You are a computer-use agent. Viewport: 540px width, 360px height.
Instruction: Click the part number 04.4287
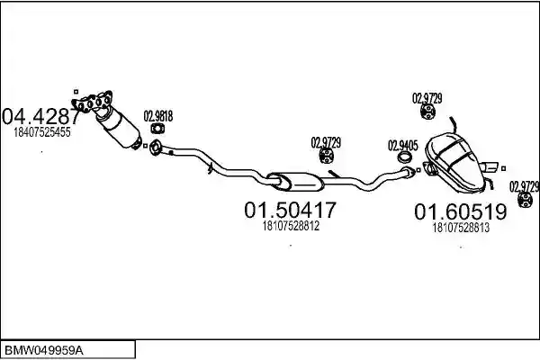[x=40, y=116]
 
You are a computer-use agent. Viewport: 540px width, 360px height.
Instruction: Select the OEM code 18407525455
[x=42, y=132]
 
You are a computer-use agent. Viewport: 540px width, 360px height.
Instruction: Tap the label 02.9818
[x=158, y=116]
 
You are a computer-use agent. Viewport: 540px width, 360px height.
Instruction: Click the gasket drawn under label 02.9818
[x=157, y=129]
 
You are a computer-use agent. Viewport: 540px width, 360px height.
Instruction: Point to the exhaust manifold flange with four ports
[x=93, y=102]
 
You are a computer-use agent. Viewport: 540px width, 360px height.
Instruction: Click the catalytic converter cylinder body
[x=119, y=127]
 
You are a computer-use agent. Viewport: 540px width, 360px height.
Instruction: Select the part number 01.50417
[x=290, y=210]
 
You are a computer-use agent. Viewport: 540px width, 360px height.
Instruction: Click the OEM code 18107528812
[x=291, y=226]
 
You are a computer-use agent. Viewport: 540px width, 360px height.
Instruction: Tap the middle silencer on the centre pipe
[x=295, y=182]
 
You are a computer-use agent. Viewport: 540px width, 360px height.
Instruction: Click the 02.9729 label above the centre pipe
[x=326, y=142]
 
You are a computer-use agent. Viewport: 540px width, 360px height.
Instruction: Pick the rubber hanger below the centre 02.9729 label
[x=326, y=156]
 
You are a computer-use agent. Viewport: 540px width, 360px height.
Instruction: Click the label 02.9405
[x=403, y=146]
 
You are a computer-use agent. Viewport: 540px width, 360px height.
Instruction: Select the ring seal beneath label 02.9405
[x=405, y=157]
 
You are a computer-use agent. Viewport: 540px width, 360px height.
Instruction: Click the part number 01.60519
[x=461, y=211]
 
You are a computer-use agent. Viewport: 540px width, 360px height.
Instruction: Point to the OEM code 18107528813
[x=461, y=228]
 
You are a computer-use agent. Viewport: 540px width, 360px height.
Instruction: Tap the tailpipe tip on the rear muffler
[x=489, y=167]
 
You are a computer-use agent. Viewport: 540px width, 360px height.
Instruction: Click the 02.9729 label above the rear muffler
[x=427, y=98]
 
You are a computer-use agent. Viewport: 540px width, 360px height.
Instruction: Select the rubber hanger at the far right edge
[x=526, y=200]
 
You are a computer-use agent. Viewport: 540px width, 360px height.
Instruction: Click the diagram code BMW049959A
[x=44, y=351]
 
